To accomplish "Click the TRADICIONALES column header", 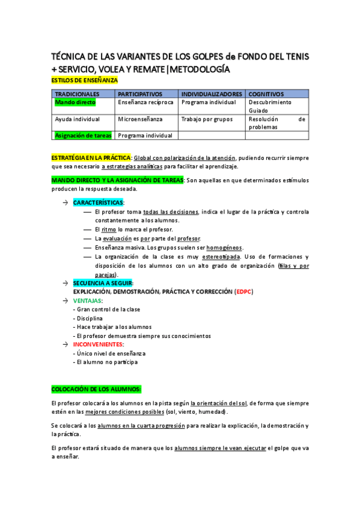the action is click(77, 94).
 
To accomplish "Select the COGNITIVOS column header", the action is click(266, 94).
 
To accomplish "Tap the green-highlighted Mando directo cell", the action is click(75, 102).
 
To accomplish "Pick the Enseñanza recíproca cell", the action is click(145, 102).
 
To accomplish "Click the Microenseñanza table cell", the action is click(140, 119).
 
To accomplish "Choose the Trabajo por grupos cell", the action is click(207, 119).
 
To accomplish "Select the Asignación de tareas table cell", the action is click(83, 135).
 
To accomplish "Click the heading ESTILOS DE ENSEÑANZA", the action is click(85, 80).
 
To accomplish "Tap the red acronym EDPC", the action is click(243, 292).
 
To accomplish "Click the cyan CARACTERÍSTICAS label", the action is click(98, 203).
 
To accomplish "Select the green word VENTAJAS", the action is click(87, 300).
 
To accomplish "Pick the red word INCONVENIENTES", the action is click(98, 345).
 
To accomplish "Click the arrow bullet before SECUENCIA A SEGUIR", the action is click(64, 283).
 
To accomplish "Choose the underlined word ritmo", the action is click(109, 229).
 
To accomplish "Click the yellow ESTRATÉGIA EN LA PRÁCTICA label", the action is click(91, 157).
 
